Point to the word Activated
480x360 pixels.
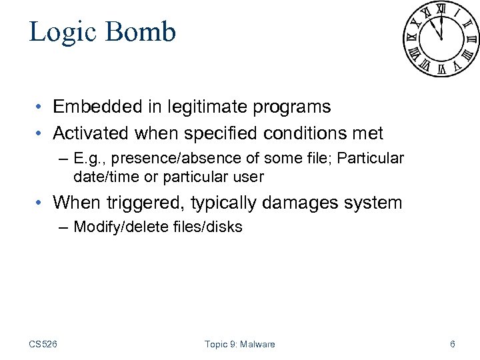click(x=91, y=133)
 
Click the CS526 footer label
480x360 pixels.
click(x=43, y=344)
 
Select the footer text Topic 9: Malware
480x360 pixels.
click(x=239, y=344)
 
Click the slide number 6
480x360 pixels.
click(x=453, y=344)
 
